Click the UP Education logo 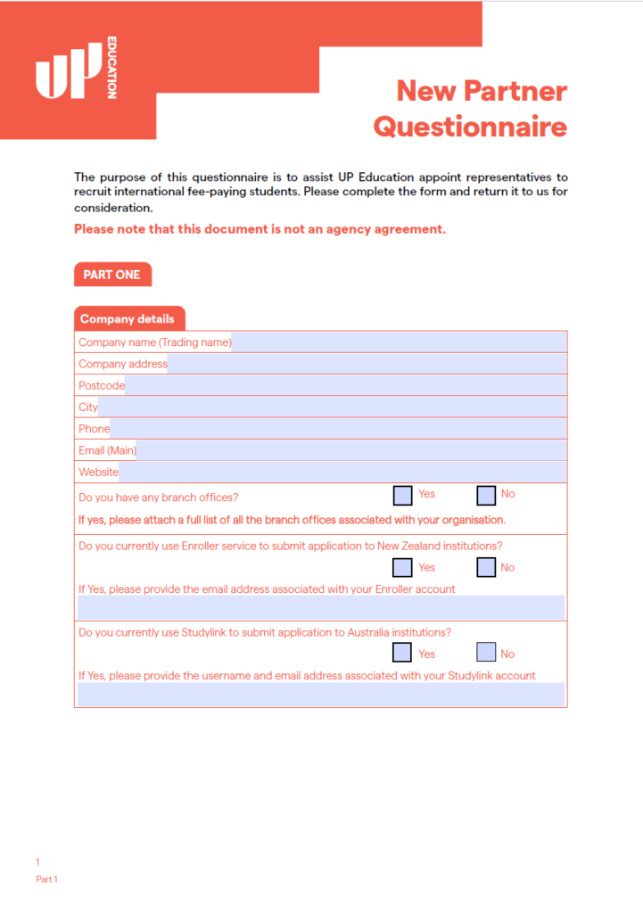pyautogui.click(x=76, y=68)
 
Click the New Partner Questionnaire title pyautogui.click(x=470, y=109)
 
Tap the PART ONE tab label pyautogui.click(x=112, y=275)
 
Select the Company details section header pyautogui.click(x=128, y=319)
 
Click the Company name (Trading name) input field pyautogui.click(x=398, y=341)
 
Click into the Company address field pyautogui.click(x=366, y=364)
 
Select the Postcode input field pyautogui.click(x=345, y=385)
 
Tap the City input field pyautogui.click(x=332, y=407)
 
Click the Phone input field pyautogui.click(x=338, y=429)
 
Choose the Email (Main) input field pyautogui.click(x=351, y=450)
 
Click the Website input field pyautogui.click(x=342, y=472)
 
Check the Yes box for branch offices pyautogui.click(x=402, y=495)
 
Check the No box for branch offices pyautogui.click(x=486, y=495)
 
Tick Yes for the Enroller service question pyautogui.click(x=402, y=567)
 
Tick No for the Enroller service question pyautogui.click(x=486, y=567)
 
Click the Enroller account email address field pyautogui.click(x=321, y=607)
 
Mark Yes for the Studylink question pyautogui.click(x=402, y=654)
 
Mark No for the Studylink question pyautogui.click(x=486, y=654)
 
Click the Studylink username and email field pyautogui.click(x=321, y=695)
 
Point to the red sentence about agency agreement pyautogui.click(x=260, y=229)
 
